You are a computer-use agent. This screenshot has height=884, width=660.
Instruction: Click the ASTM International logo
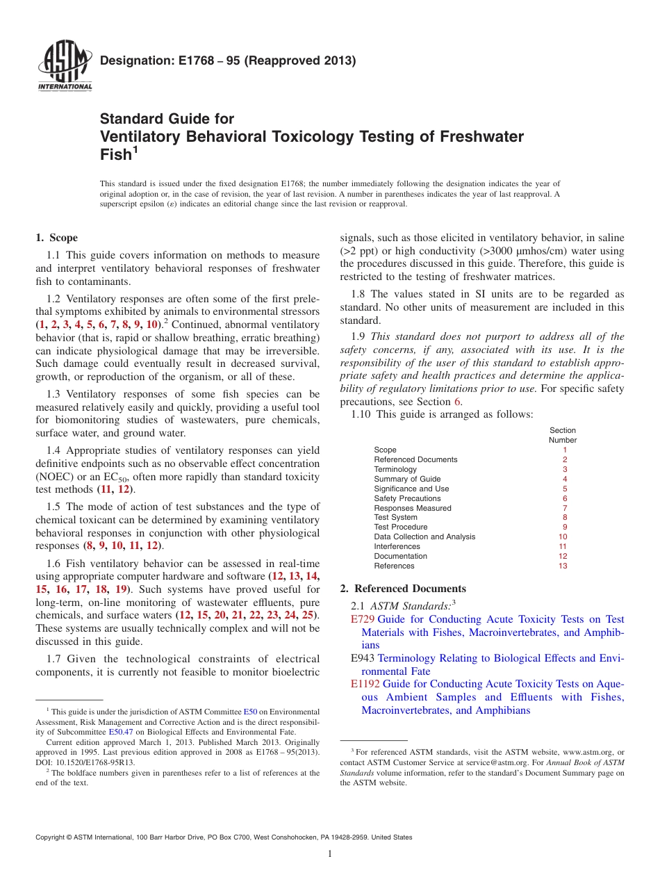[65, 67]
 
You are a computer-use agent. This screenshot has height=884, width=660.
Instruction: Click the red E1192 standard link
[365, 684]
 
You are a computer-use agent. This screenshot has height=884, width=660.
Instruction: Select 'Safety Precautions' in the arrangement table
[407, 498]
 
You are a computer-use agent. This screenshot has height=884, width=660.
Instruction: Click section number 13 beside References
[563, 566]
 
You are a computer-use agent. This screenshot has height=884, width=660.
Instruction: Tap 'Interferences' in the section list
[397, 546]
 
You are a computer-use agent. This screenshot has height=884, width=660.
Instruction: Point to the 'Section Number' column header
[563, 435]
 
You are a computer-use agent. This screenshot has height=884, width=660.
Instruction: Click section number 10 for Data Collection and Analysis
[563, 537]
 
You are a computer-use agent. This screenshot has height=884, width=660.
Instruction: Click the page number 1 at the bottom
[330, 854]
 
